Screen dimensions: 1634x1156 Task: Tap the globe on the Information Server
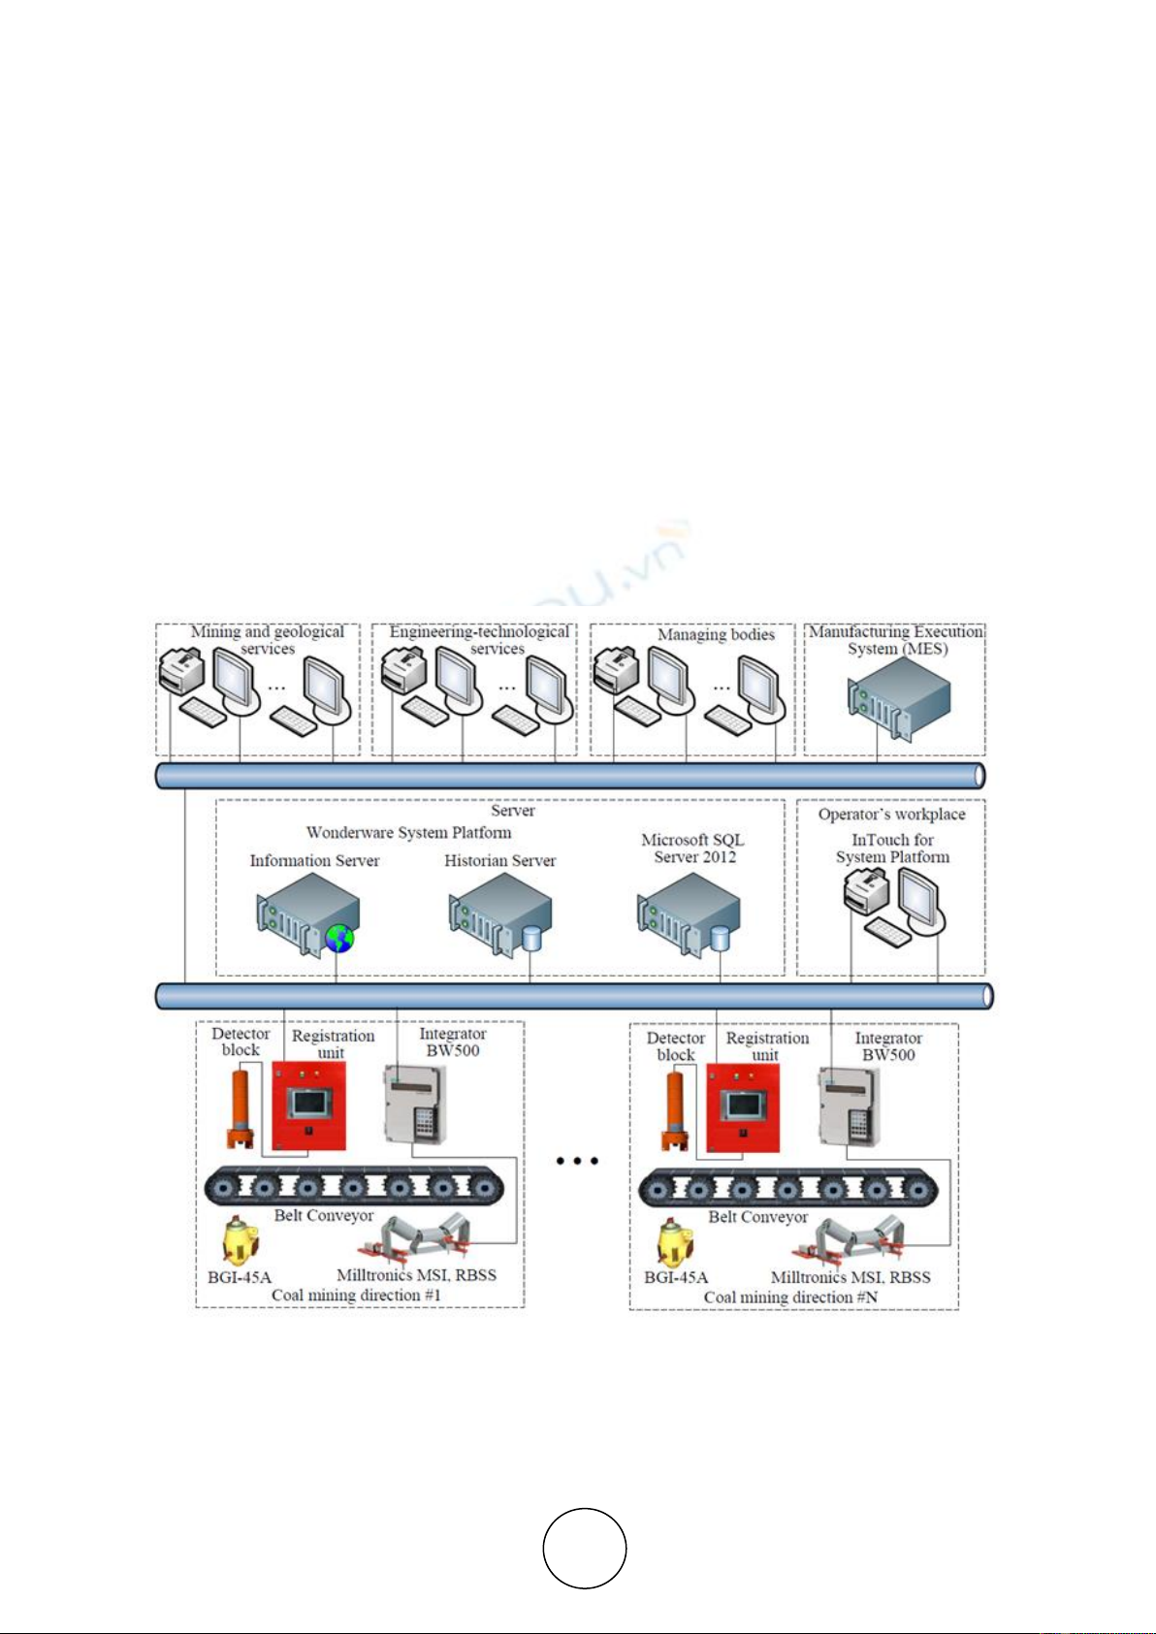(339, 938)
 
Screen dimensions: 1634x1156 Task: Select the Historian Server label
(499, 860)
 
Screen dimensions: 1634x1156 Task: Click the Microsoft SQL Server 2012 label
(693, 849)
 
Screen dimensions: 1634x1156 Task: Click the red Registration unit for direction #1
(308, 1105)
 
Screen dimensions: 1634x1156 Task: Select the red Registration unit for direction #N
(743, 1107)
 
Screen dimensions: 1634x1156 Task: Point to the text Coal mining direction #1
(356, 1296)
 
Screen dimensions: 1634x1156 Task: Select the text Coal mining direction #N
(790, 1298)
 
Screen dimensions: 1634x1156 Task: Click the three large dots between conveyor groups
(577, 1160)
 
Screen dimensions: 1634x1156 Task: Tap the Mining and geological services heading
(267, 640)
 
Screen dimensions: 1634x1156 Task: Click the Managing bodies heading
(716, 634)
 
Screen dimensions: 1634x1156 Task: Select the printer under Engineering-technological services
(403, 670)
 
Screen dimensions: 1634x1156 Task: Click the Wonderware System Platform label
(408, 832)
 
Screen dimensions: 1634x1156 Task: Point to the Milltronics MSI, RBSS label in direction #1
(416, 1275)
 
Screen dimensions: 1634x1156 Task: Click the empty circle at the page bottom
(584, 1548)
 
